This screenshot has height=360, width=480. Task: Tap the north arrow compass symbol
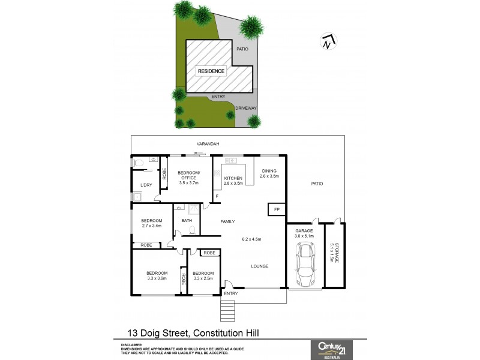pyautogui.click(x=327, y=41)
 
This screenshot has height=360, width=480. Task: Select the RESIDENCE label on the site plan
pyautogui.click(x=211, y=71)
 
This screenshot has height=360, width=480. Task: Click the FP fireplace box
pyautogui.click(x=277, y=209)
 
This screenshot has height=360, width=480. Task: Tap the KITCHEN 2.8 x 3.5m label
pyautogui.click(x=233, y=181)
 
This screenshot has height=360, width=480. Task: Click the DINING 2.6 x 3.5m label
pyautogui.click(x=269, y=174)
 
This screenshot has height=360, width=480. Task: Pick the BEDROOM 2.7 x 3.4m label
pyautogui.click(x=152, y=223)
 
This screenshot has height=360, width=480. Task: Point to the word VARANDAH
pyautogui.click(x=208, y=145)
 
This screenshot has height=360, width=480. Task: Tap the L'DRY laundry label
pyautogui.click(x=146, y=185)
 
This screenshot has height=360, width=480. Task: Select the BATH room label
pyautogui.click(x=187, y=221)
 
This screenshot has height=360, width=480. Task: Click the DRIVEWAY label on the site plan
pyautogui.click(x=246, y=108)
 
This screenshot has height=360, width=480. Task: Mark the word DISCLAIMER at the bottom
pyautogui.click(x=131, y=345)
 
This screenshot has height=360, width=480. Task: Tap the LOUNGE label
pyautogui.click(x=260, y=266)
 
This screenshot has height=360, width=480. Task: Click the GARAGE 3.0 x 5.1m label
pyautogui.click(x=305, y=233)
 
